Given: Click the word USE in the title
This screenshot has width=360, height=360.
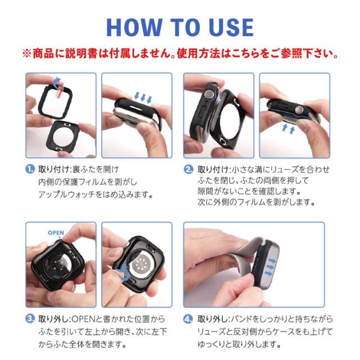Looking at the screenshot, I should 227,26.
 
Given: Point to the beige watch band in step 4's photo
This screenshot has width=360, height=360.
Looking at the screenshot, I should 225,259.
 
